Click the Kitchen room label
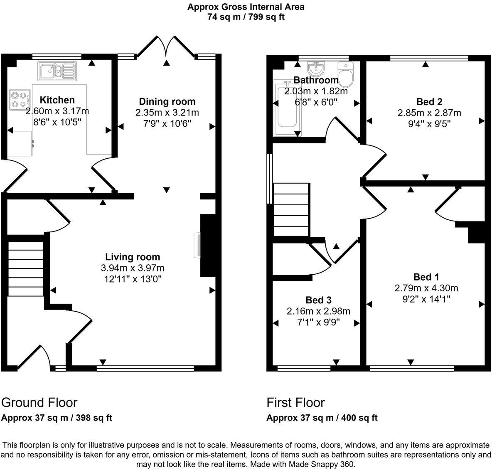[57, 100]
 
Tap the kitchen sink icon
[57, 70]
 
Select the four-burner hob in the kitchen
[20, 100]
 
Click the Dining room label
[167, 101]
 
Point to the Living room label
[132, 257]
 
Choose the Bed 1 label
[426, 277]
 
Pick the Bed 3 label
[318, 300]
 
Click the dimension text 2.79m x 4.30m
[426, 288]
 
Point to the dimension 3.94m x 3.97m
[132, 268]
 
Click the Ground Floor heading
[39, 402]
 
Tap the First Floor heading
[295, 402]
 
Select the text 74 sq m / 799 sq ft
[246, 17]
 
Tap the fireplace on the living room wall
[197, 246]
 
